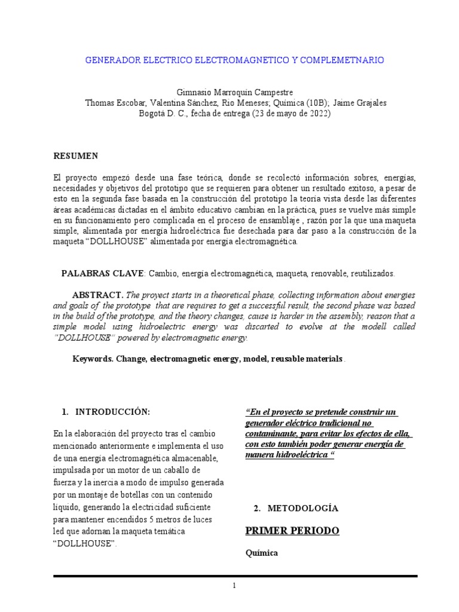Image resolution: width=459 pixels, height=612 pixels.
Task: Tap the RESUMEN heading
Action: pyautogui.click(x=76, y=156)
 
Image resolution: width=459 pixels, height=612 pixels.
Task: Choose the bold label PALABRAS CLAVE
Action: pyautogui.click(x=102, y=273)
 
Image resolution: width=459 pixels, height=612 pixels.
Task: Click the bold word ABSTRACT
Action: pyautogui.click(x=97, y=295)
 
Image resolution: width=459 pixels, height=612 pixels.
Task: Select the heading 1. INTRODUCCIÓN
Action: pyautogui.click(x=106, y=412)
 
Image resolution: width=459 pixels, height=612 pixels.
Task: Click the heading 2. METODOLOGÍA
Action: pyautogui.click(x=296, y=509)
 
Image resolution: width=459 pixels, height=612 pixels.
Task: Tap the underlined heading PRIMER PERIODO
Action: pyautogui.click(x=292, y=531)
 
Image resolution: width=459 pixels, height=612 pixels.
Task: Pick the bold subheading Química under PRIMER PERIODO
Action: pyautogui.click(x=262, y=553)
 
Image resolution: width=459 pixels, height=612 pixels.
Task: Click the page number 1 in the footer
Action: pyautogui.click(x=235, y=586)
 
